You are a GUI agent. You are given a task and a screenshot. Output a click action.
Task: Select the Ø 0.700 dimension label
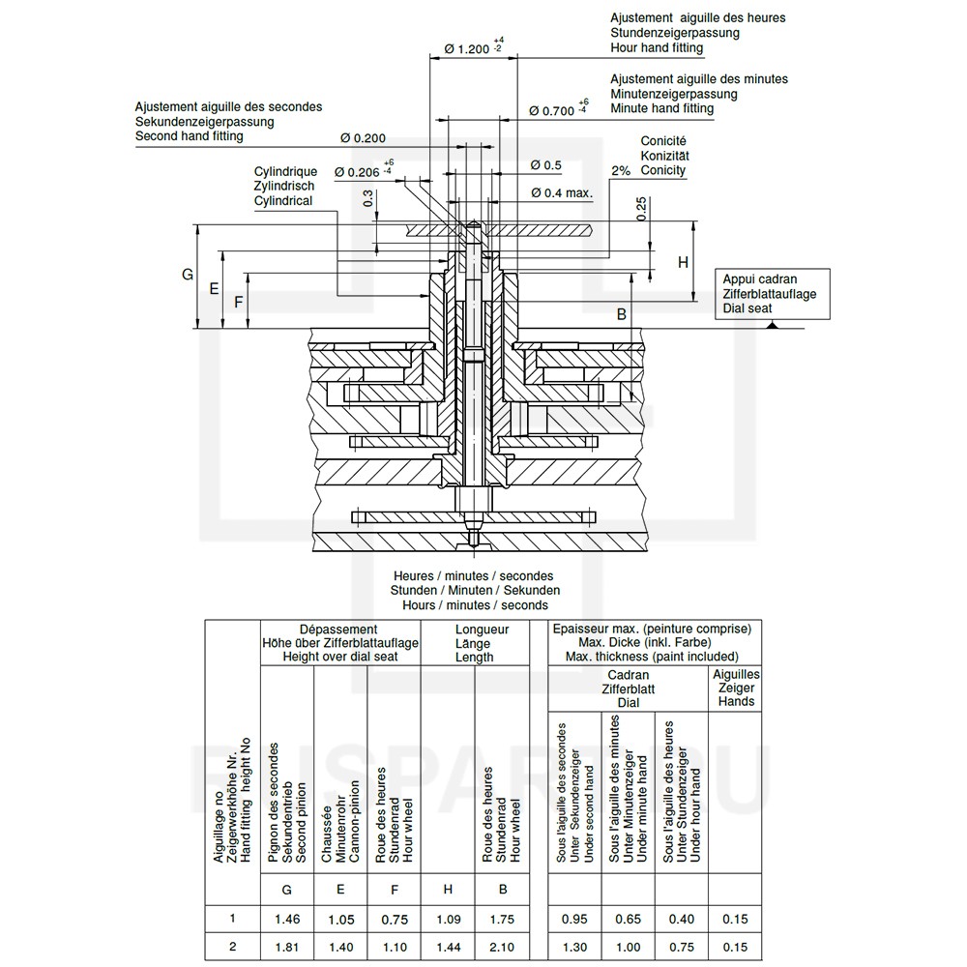point(559,109)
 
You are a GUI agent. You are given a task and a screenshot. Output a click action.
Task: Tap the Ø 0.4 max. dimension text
point(562,193)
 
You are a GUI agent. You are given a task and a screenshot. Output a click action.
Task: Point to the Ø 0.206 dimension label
point(364,171)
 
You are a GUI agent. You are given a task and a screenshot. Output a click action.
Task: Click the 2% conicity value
point(621,171)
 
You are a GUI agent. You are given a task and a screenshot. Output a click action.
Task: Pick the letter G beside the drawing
point(188,275)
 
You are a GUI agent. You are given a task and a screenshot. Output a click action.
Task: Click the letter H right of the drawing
point(683,262)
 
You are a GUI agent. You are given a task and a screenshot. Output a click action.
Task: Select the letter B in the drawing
point(622,314)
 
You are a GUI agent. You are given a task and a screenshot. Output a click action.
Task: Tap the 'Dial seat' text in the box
point(747,308)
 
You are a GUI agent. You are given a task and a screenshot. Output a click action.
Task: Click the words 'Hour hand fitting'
point(657,48)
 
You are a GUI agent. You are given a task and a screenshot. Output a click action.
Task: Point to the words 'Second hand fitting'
point(190,136)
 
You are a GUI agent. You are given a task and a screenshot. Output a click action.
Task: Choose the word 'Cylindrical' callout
point(283,201)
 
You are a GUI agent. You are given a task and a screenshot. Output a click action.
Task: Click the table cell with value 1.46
point(287,920)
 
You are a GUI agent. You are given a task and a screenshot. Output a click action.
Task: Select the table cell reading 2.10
point(502,948)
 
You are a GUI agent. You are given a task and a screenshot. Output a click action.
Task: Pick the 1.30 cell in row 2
point(574,948)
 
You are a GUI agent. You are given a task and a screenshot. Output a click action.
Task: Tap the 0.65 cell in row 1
point(628,920)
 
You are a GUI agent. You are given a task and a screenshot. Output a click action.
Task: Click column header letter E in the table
point(340,890)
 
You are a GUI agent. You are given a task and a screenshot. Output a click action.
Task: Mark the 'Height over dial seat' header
point(340,657)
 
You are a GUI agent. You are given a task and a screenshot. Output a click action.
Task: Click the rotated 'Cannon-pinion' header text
point(355,821)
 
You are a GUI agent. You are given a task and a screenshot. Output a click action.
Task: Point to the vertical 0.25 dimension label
point(641,209)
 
